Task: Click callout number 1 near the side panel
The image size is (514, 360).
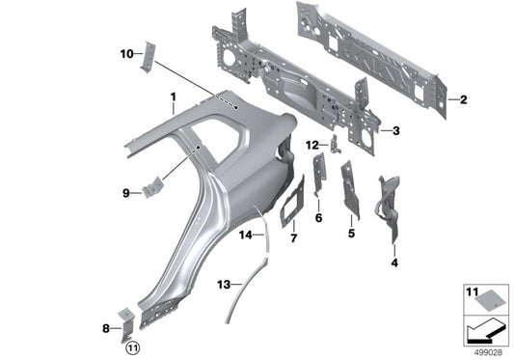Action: [173, 97]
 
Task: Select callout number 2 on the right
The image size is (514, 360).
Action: [464, 99]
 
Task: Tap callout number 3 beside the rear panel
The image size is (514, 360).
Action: [394, 128]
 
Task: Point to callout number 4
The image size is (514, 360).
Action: [393, 263]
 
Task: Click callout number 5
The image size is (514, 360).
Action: [351, 233]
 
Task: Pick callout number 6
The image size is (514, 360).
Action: [317, 218]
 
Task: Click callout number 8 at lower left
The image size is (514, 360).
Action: [105, 329]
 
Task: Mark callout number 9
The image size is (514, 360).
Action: [124, 193]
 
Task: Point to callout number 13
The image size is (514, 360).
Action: [223, 285]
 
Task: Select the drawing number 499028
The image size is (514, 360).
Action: [491, 349]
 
